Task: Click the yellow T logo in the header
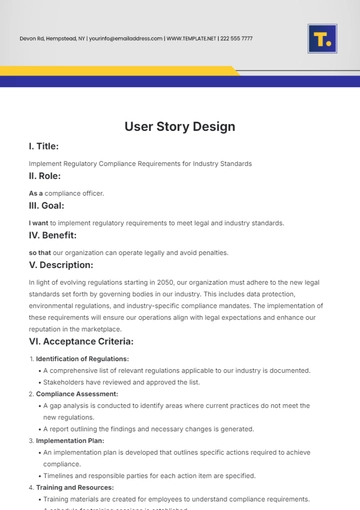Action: pos(322,39)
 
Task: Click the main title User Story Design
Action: pos(180,127)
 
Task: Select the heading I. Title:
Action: pos(49,146)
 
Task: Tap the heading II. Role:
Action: pos(50,176)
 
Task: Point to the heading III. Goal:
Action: pos(52,206)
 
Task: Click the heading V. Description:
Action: pos(75,265)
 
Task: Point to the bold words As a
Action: pos(36,193)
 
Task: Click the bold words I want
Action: pos(39,223)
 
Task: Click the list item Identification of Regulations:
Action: pos(84,359)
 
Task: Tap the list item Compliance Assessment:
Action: pos(77,393)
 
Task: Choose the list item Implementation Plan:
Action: pos(75,439)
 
